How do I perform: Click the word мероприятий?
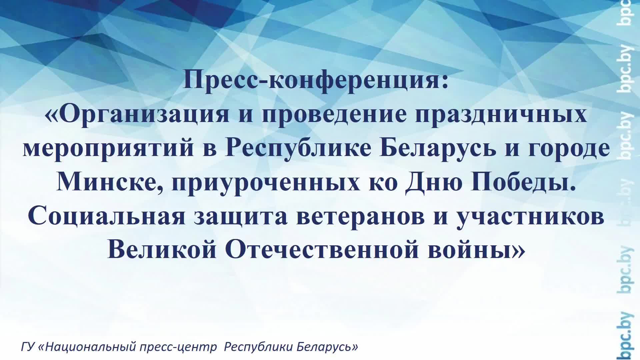[x=109, y=149]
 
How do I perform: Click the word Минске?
[x=110, y=183]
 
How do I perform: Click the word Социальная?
[x=107, y=217]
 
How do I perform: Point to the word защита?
[x=240, y=217]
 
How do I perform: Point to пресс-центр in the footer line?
[x=178, y=347]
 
